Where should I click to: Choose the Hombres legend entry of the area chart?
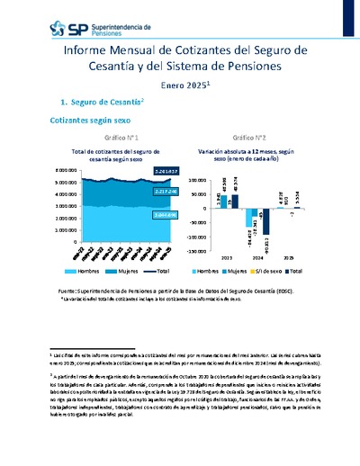(84, 270)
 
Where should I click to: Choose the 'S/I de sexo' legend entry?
(269, 270)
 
